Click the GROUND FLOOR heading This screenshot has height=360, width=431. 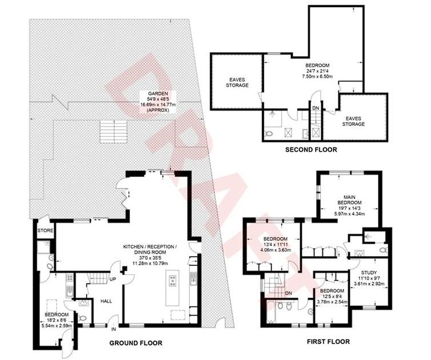136,343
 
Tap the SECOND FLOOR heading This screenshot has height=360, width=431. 311,150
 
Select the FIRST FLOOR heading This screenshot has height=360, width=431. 328,342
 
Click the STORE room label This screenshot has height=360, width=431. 45,231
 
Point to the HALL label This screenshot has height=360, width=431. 106,301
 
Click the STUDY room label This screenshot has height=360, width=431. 369,273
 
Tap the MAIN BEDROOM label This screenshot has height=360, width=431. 349,200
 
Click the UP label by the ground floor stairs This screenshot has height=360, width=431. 112,279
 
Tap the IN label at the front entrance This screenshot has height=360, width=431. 114,329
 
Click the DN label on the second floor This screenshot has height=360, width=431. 316,108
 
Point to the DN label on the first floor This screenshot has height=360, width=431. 288,293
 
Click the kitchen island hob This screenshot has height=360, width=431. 173,281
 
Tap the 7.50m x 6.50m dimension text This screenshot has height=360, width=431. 317,76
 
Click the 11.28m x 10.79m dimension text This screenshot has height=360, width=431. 150,263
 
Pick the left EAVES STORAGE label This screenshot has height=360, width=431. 237,83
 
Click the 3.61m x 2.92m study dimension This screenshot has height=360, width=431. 369,284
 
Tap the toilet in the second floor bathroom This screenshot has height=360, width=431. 269,134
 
